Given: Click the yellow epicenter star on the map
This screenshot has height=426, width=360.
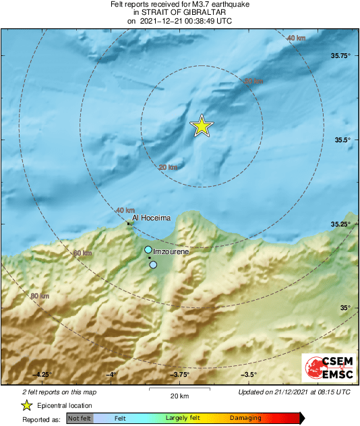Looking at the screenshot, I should pos(201,126).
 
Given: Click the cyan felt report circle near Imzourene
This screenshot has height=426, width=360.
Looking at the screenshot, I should pos(148,250).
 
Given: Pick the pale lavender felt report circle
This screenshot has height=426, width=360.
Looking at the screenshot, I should pos(153,265).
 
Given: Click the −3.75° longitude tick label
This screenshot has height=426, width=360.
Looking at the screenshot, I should pos(180,375).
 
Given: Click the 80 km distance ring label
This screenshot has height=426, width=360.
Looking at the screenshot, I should pos(40,296).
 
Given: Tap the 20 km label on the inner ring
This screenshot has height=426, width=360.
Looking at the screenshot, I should pos(168,167).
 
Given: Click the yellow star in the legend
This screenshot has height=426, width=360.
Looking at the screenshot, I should pos(26,405).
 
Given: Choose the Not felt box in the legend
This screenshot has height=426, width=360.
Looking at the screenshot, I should pos(80,419).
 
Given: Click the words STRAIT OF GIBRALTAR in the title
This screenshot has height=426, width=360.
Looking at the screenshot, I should pos(180,12).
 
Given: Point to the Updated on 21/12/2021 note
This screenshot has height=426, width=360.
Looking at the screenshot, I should pos(294,392).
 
